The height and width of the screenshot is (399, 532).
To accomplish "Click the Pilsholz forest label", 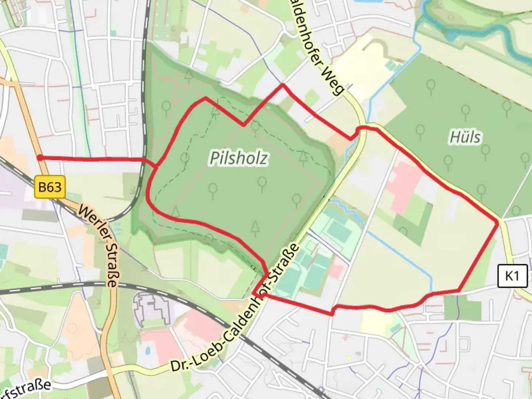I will click(239, 158).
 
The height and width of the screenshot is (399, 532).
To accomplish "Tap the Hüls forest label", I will click(465, 137).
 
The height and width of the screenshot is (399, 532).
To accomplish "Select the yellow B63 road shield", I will click(50, 187).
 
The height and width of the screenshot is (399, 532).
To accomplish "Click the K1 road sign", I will click(512, 276).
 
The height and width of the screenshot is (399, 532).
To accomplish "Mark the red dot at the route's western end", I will click(39, 158).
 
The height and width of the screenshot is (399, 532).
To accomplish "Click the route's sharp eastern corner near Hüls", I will click(498, 222).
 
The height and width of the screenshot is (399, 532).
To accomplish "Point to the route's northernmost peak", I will click(283, 85).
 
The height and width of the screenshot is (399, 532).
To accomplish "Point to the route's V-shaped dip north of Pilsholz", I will click(243, 125).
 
